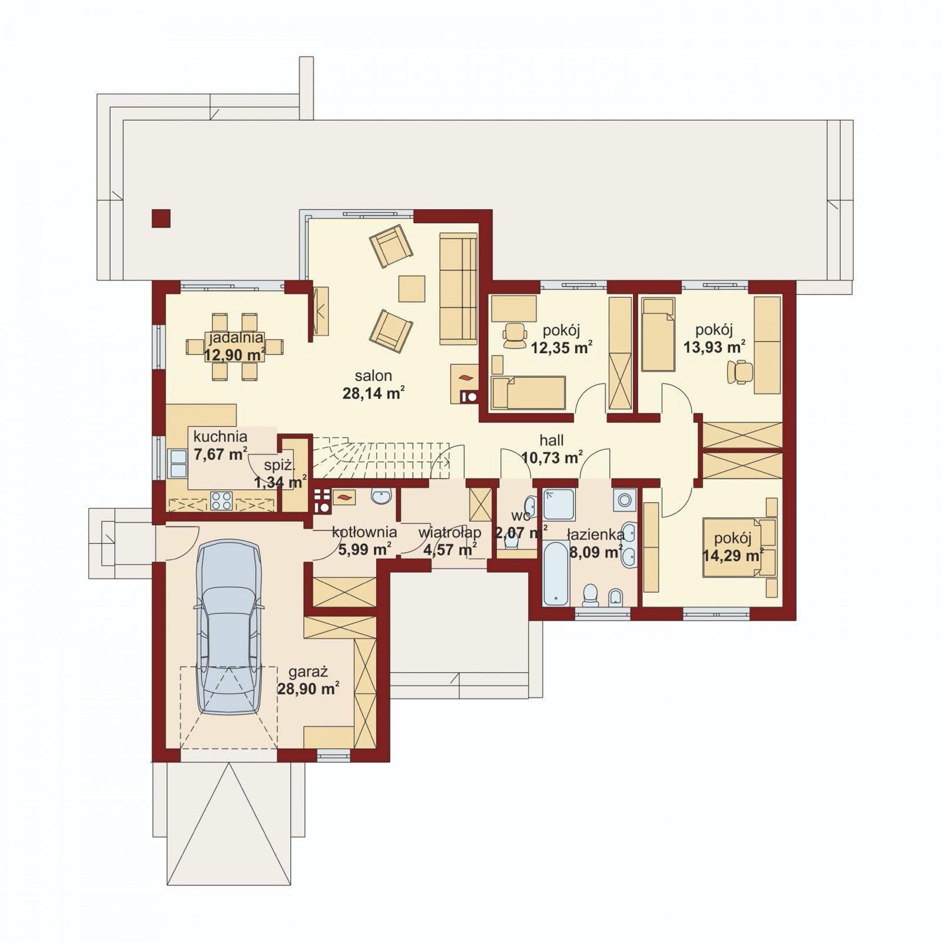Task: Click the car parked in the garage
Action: (229, 628)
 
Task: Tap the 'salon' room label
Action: (373, 376)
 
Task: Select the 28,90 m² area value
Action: (308, 688)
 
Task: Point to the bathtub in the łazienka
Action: (556, 573)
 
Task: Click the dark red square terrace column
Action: (161, 218)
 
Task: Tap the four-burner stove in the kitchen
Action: (222, 500)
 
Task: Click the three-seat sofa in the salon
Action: (458, 288)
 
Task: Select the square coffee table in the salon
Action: (412, 288)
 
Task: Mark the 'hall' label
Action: (552, 440)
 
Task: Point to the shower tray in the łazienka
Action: (559, 505)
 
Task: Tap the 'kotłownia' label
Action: (364, 532)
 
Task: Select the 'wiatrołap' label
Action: (450, 533)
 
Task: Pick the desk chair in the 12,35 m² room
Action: (515, 334)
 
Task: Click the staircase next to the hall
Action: (382, 457)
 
